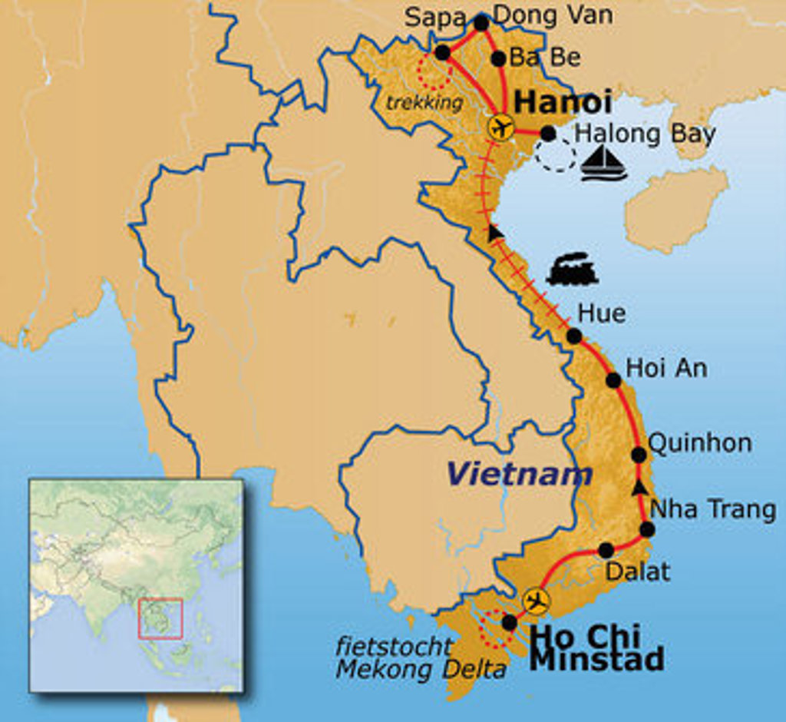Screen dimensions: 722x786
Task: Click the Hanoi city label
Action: click(563, 101)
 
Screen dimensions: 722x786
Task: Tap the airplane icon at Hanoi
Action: click(501, 127)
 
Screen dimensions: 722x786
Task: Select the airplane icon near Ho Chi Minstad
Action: click(536, 601)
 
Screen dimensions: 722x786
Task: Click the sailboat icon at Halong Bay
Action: click(603, 164)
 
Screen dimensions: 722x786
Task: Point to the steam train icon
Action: click(571, 270)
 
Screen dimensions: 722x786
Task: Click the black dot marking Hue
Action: click(573, 336)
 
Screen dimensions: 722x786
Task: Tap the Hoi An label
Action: click(666, 368)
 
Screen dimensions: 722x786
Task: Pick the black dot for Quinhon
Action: click(639, 454)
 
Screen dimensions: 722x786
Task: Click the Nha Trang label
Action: click(712, 509)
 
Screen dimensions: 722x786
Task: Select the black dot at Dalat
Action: click(606, 550)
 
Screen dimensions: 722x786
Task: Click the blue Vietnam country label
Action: click(520, 474)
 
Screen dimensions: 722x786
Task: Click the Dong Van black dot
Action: click(481, 23)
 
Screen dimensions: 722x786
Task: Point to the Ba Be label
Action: click(546, 58)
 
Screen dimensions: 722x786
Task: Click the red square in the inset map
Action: click(160, 618)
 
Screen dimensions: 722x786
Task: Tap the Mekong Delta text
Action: click(421, 669)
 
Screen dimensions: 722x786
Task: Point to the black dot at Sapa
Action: click(442, 52)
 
